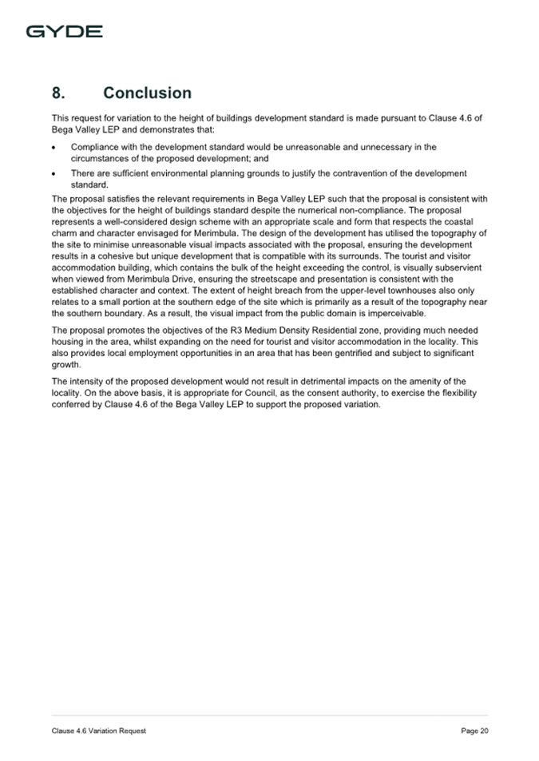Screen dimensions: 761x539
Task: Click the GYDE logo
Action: pyautogui.click(x=65, y=32)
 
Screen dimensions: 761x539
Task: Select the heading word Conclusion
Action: pyautogui.click(x=148, y=93)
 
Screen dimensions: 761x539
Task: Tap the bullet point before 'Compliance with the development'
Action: pyautogui.click(x=54, y=148)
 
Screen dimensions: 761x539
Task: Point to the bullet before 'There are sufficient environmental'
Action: pyautogui.click(x=54, y=173)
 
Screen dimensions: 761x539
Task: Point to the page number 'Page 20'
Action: pyautogui.click(x=474, y=731)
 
